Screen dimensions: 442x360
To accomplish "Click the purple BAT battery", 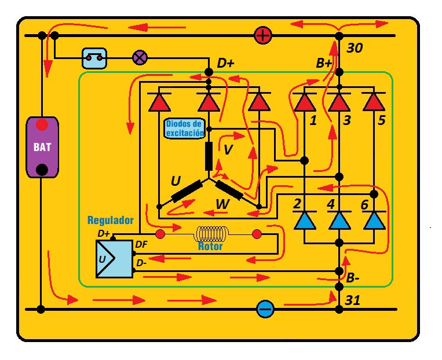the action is pos(42,148).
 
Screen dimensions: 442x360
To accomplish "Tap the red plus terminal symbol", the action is pos(263,36).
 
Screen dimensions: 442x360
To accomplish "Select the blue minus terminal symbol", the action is pos(265,309).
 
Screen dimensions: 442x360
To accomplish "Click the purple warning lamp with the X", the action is pos(140,58).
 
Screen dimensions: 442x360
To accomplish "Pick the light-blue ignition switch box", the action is pos(94,58).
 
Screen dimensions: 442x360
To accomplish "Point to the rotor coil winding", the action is pos(211,234).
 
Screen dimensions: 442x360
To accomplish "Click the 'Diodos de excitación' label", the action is pos(185,128).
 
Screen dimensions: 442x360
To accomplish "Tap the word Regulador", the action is pos(111,221).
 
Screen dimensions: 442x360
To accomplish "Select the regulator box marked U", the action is pos(114,259).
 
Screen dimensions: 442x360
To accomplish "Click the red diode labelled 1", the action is pos(305,102).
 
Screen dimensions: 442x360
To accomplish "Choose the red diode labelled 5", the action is pos(374,102).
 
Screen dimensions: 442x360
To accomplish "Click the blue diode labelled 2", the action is pos(305,221).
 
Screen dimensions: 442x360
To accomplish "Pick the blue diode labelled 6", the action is pos(374,221).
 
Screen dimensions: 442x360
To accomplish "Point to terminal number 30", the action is pos(355,48).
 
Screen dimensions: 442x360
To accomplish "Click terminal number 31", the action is pos(353,300).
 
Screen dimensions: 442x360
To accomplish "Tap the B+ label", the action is pos(324,64).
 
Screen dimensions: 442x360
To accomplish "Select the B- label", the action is pos(353,278).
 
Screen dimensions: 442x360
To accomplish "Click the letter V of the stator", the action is pos(228,149).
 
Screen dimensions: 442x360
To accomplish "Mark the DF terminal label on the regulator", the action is pos(141,244).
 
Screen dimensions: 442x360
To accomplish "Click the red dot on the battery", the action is pos(42,125).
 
